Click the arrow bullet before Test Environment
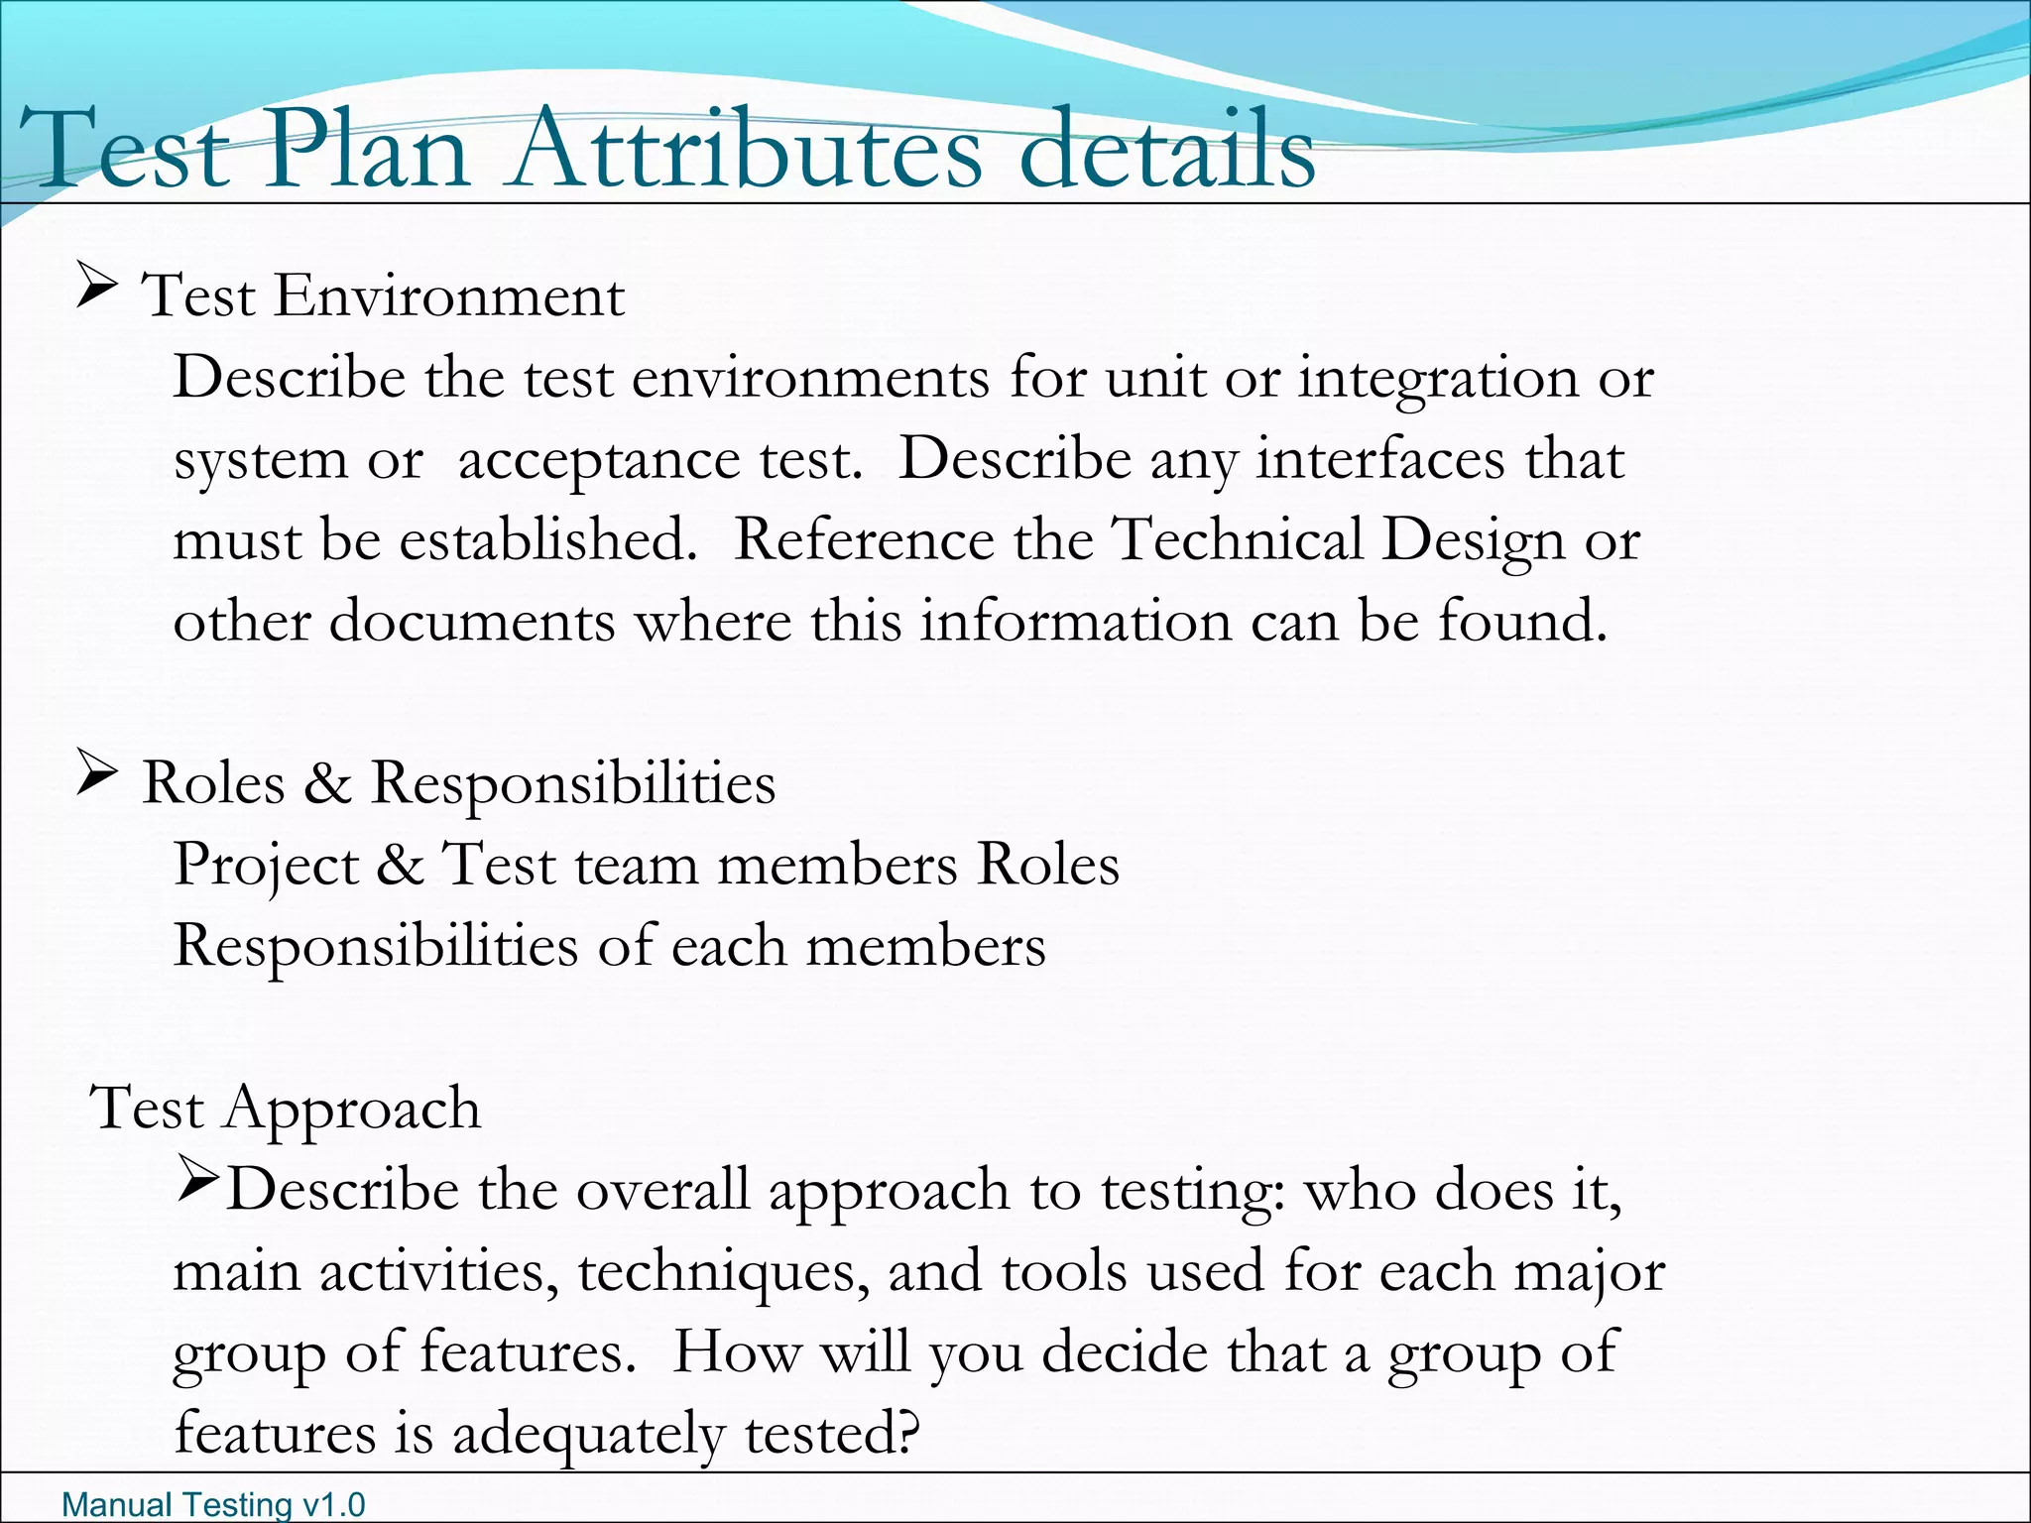(x=96, y=292)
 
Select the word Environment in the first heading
(x=449, y=295)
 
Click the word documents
(x=472, y=623)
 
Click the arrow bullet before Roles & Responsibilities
(x=96, y=777)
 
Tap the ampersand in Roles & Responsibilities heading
(x=327, y=783)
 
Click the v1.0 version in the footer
(x=334, y=1505)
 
